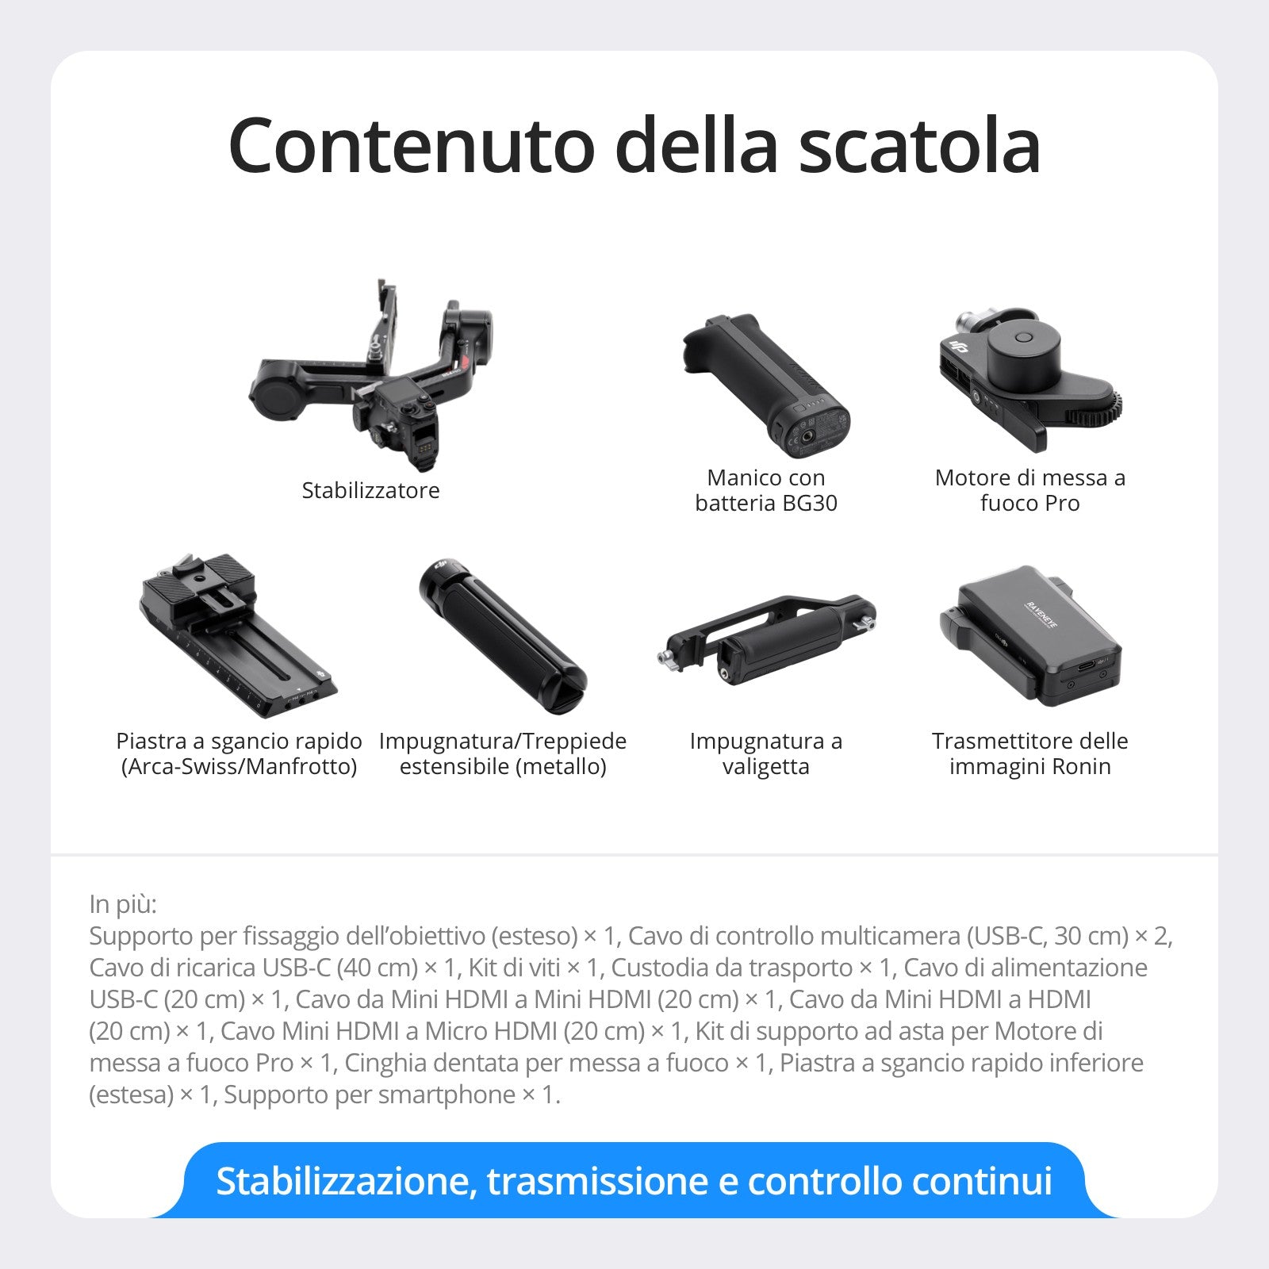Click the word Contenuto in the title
point(411,147)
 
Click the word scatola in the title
point(919,147)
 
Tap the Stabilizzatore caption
point(370,490)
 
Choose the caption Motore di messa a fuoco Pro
point(1029,490)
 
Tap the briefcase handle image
point(765,638)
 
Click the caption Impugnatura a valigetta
point(765,753)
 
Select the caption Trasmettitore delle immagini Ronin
point(1029,753)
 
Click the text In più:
point(123,904)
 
